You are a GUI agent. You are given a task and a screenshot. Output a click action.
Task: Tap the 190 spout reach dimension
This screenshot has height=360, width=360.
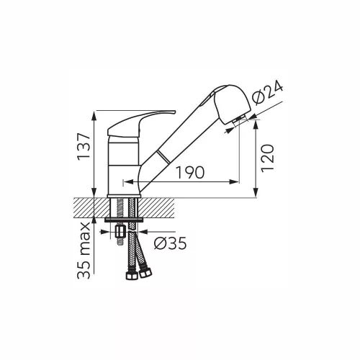click(x=190, y=172)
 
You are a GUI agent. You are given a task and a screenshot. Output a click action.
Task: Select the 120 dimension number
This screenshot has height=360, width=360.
click(x=267, y=158)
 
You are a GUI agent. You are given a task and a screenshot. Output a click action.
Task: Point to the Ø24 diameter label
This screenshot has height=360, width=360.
click(x=269, y=94)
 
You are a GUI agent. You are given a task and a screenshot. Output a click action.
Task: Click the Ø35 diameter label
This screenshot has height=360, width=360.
click(x=170, y=243)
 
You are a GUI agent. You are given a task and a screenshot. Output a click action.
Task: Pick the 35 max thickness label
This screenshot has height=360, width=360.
click(x=84, y=251)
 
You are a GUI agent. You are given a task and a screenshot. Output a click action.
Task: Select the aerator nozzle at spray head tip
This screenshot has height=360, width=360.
click(x=239, y=120)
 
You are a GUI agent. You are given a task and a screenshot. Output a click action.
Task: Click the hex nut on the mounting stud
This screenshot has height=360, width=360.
click(x=120, y=232)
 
